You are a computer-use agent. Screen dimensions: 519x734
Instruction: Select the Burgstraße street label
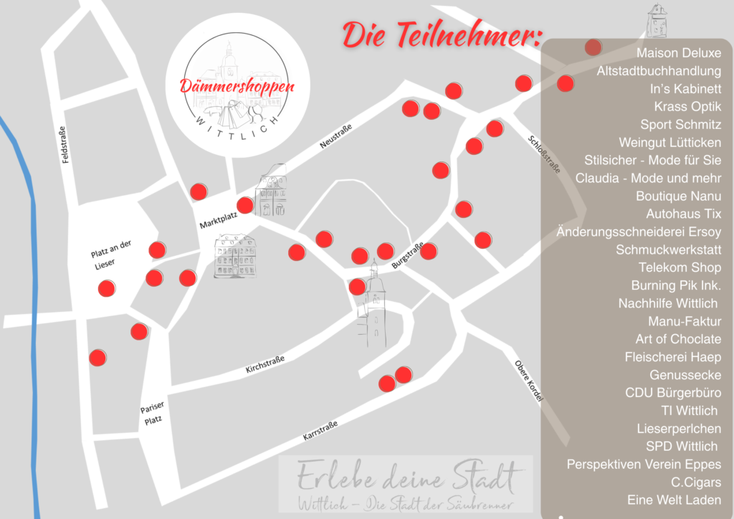click(408, 257)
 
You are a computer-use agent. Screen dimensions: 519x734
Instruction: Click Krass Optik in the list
click(687, 107)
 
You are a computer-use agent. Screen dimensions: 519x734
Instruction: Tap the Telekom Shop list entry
click(680, 267)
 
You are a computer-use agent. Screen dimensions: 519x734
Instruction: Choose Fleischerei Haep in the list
click(672, 357)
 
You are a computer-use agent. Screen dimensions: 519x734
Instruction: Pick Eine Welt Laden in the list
click(674, 500)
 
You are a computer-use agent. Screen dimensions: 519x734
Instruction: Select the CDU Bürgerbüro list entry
click(673, 393)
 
